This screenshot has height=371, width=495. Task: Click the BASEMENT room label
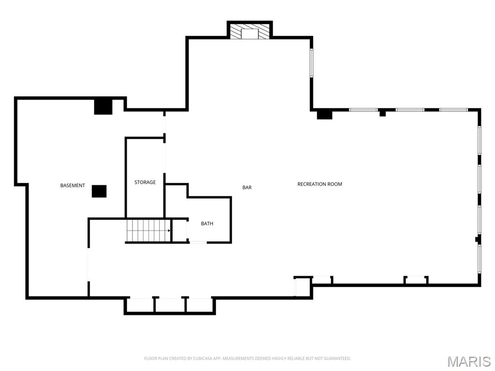coord(73,186)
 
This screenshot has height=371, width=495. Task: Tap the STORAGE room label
coord(145,182)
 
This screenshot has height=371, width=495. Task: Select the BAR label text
coord(247,188)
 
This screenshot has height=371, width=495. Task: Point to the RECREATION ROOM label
coord(320,184)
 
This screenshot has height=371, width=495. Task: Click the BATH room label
coord(207,223)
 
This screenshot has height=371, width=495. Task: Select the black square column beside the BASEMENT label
coord(99,191)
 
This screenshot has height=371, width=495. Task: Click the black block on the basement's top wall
coord(103,106)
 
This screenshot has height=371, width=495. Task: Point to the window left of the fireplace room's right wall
coord(311,63)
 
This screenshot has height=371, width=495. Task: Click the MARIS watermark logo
coord(468,361)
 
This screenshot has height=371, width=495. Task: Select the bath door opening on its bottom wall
coord(198,242)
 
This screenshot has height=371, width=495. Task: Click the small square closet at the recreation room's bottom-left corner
coord(302,286)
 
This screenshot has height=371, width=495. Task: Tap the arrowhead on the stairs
coord(169,231)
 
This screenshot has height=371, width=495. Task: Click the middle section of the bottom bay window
coord(170,305)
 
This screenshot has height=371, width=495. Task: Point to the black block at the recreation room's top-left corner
coord(324,114)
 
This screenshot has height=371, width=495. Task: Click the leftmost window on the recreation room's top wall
coord(363,110)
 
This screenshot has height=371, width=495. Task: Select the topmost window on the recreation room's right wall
coord(479,140)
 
